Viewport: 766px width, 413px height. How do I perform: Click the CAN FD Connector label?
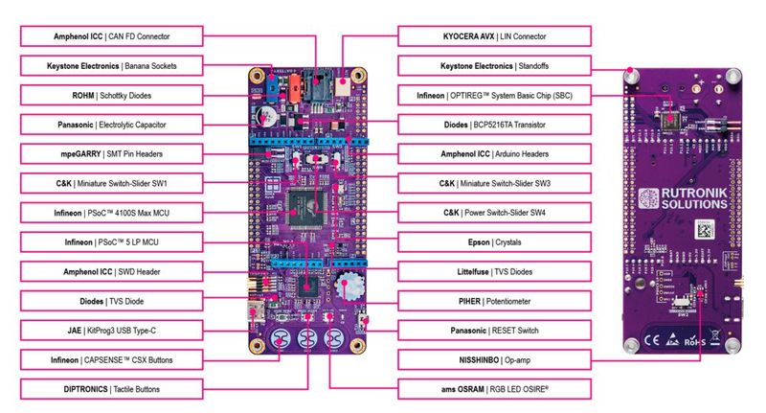[x=111, y=36]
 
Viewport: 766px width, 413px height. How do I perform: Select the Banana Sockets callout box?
[x=111, y=66]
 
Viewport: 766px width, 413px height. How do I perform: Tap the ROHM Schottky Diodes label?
[x=111, y=96]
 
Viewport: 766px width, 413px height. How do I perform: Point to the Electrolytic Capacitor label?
[x=111, y=125]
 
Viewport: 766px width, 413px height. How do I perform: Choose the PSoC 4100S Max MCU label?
[x=111, y=213]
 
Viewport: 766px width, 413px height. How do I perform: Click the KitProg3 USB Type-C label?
[x=111, y=331]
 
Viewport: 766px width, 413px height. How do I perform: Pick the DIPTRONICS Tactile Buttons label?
[x=111, y=390]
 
